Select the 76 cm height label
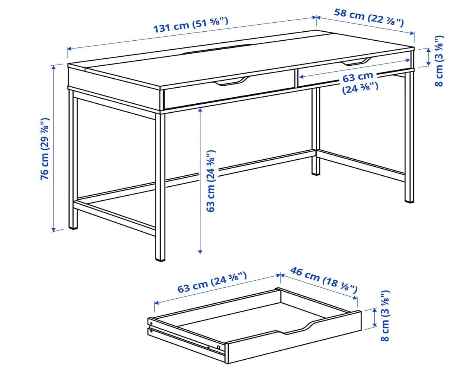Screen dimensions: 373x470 [x=45, y=149]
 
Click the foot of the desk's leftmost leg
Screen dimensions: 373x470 [x=73, y=226]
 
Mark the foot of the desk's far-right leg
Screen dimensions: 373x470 [x=409, y=200]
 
